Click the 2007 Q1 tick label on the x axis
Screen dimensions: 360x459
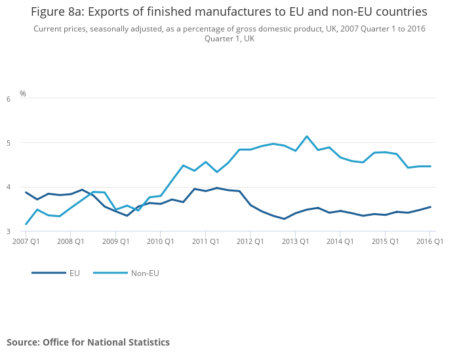tap(26, 241)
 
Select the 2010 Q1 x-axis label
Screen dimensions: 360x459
tap(160, 241)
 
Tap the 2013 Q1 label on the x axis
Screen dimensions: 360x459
tap(295, 241)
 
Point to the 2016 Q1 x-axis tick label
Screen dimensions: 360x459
tap(430, 241)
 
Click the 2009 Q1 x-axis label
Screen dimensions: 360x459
tap(115, 241)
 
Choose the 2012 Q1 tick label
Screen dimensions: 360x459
tap(250, 241)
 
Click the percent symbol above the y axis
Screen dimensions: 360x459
tap(23, 94)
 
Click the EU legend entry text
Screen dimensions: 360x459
tap(75, 273)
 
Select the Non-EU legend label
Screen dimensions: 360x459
tap(144, 273)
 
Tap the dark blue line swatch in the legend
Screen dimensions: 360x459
tap(49, 273)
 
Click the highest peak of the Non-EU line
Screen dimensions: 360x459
tap(307, 136)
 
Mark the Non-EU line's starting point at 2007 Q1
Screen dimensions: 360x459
tap(26, 224)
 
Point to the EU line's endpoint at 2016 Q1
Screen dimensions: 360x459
tap(430, 207)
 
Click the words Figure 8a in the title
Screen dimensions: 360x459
tap(56, 12)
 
